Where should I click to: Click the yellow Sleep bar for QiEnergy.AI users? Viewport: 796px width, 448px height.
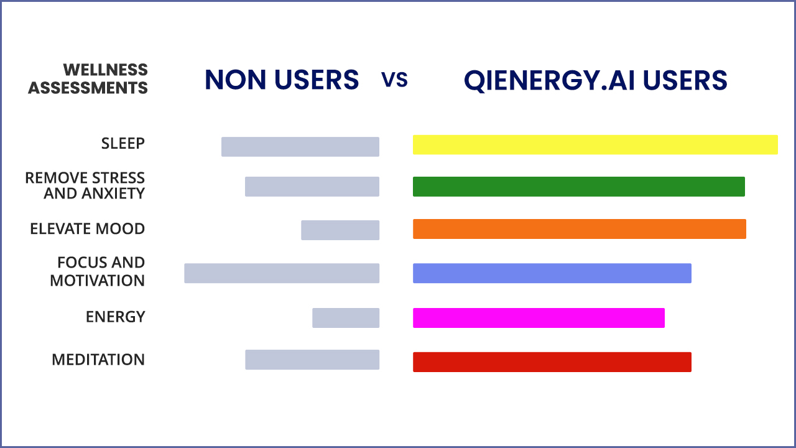pyautogui.click(x=595, y=144)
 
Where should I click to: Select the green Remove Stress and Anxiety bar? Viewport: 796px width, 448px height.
pyautogui.click(x=578, y=187)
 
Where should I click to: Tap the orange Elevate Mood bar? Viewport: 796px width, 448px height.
pyautogui.click(x=579, y=229)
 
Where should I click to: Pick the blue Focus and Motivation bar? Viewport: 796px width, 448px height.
pyautogui.click(x=552, y=273)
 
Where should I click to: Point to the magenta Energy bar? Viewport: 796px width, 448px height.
pyautogui.click(x=539, y=317)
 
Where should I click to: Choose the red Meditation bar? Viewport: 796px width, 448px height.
pyautogui.click(x=552, y=362)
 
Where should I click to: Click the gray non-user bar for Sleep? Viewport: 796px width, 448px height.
pyautogui.click(x=300, y=147)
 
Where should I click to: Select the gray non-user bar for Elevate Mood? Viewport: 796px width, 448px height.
pyautogui.click(x=340, y=230)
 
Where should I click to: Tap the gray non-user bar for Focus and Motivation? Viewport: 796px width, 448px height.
pyautogui.click(x=281, y=273)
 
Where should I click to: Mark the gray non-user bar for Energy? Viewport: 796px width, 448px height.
pyautogui.click(x=345, y=317)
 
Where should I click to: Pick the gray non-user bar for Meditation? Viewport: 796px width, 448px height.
pyautogui.click(x=312, y=360)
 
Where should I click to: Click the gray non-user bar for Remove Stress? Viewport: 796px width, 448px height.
pyautogui.click(x=312, y=187)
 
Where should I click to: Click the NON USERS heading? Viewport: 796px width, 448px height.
pyautogui.click(x=282, y=80)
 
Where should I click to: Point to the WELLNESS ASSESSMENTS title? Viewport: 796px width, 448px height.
pyautogui.click(x=88, y=78)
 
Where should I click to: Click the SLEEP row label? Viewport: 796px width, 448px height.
pyautogui.click(x=123, y=144)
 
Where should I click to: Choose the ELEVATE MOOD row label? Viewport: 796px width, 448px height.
pyautogui.click(x=88, y=229)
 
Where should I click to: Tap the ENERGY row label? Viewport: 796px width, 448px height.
pyautogui.click(x=116, y=317)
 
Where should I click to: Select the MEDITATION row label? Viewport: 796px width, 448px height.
pyautogui.click(x=98, y=360)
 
